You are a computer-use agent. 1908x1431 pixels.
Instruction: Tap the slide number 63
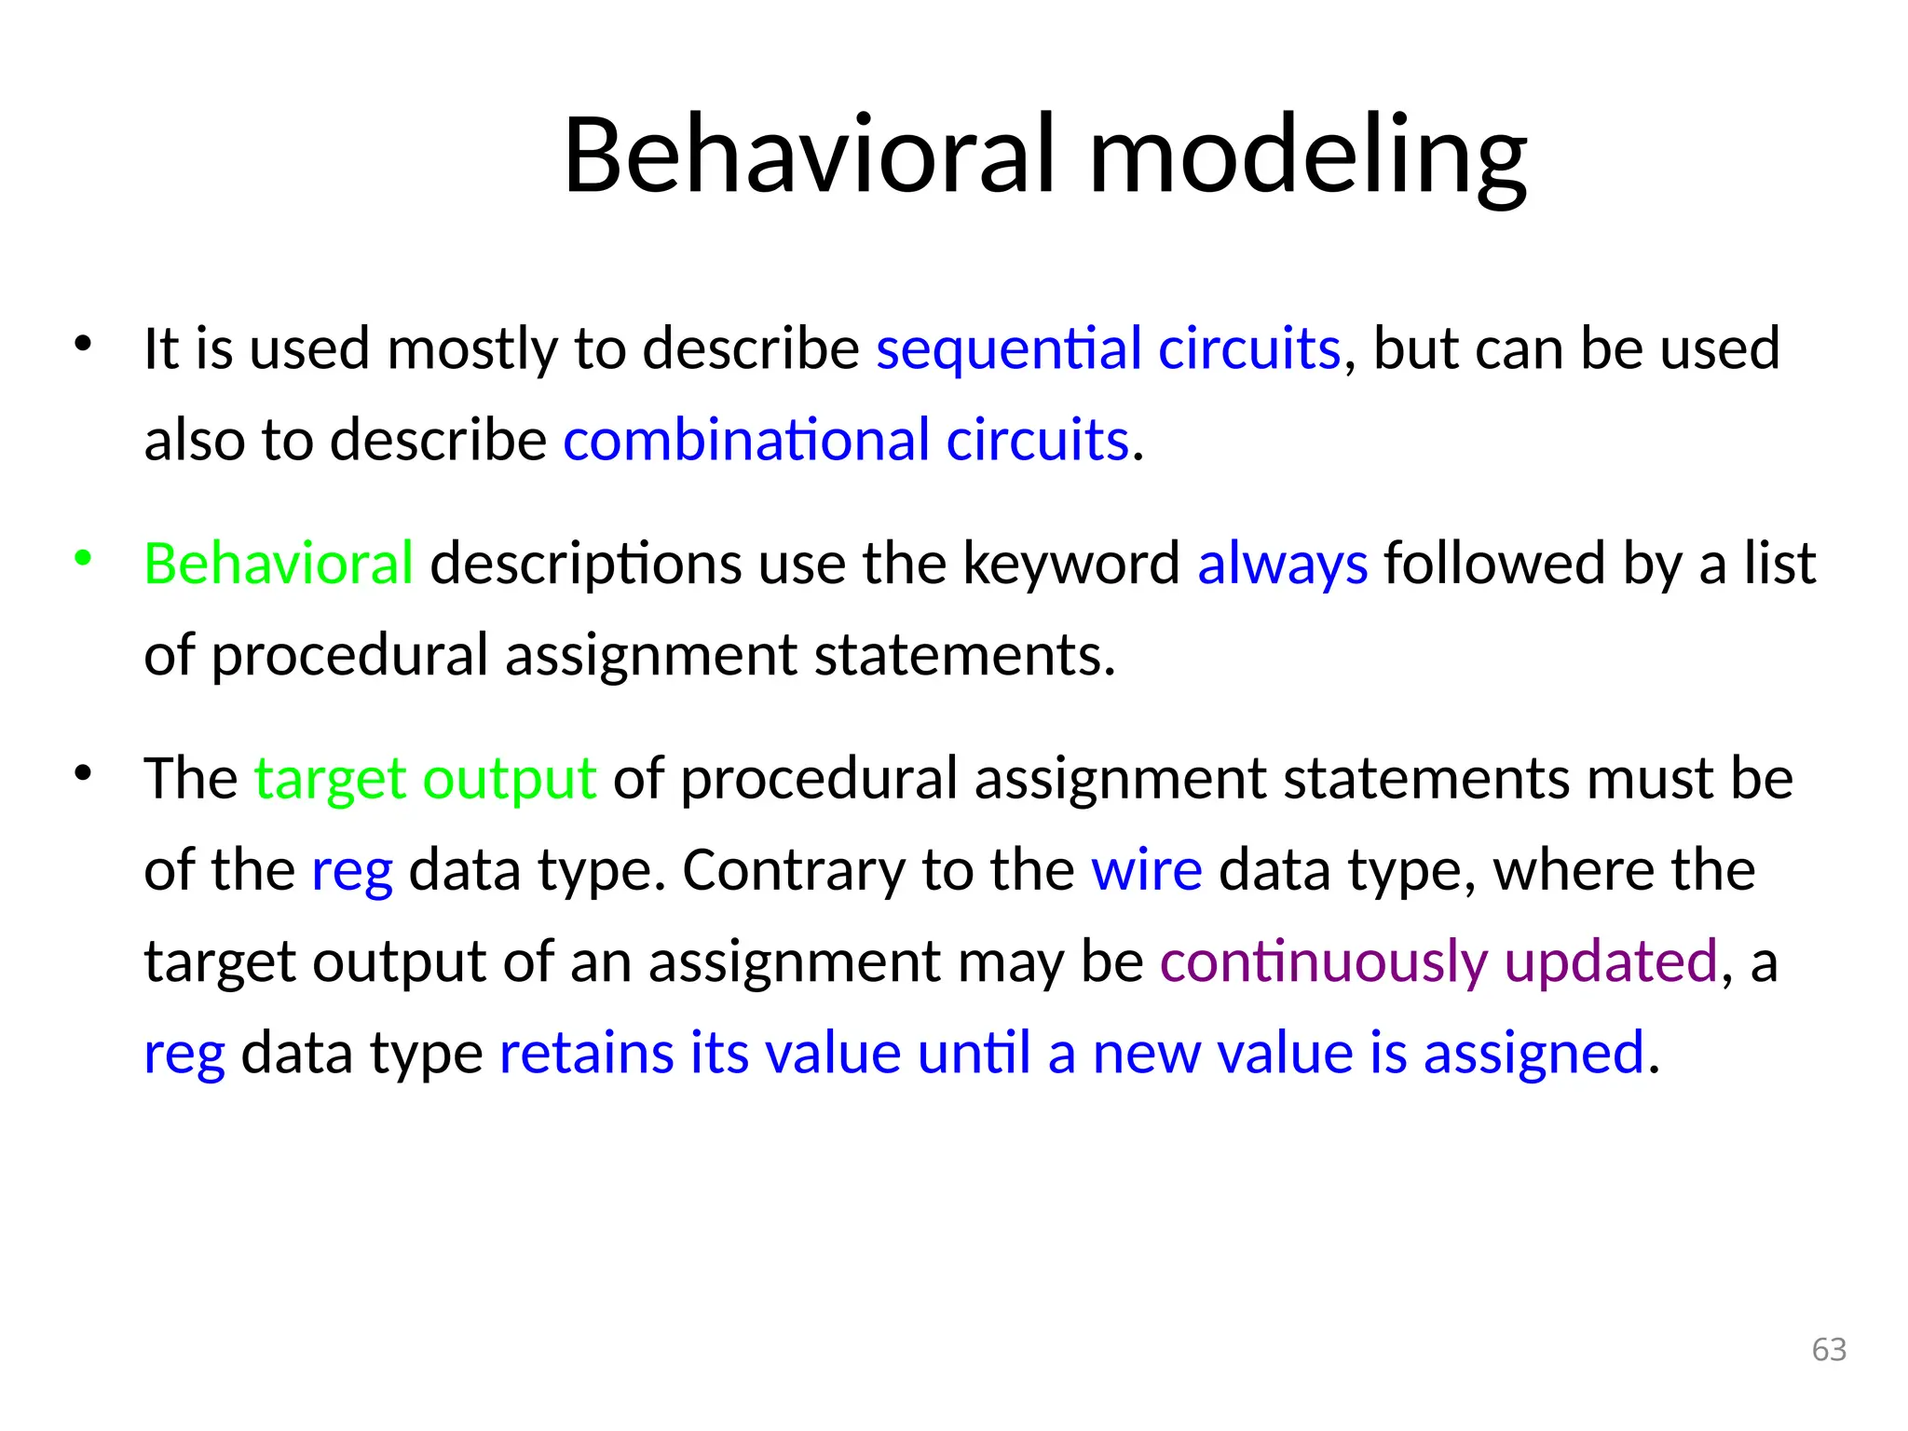[1829, 1349]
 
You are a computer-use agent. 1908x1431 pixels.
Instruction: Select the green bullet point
[83, 558]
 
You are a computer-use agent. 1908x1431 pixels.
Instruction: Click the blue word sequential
[1008, 349]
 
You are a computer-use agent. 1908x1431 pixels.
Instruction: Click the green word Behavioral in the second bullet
[279, 564]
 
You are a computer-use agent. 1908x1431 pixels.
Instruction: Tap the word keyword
[1070, 565]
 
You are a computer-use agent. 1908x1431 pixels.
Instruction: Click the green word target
[330, 780]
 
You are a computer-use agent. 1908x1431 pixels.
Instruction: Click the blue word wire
[1146, 870]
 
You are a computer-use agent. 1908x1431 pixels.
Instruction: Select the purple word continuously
[1323, 962]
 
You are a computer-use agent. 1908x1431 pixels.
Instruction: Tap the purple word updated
[1610, 962]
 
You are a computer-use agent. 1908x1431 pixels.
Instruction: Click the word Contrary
[794, 872]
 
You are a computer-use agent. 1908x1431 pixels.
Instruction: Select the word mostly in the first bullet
[471, 349]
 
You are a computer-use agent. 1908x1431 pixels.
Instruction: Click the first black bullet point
[83, 344]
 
